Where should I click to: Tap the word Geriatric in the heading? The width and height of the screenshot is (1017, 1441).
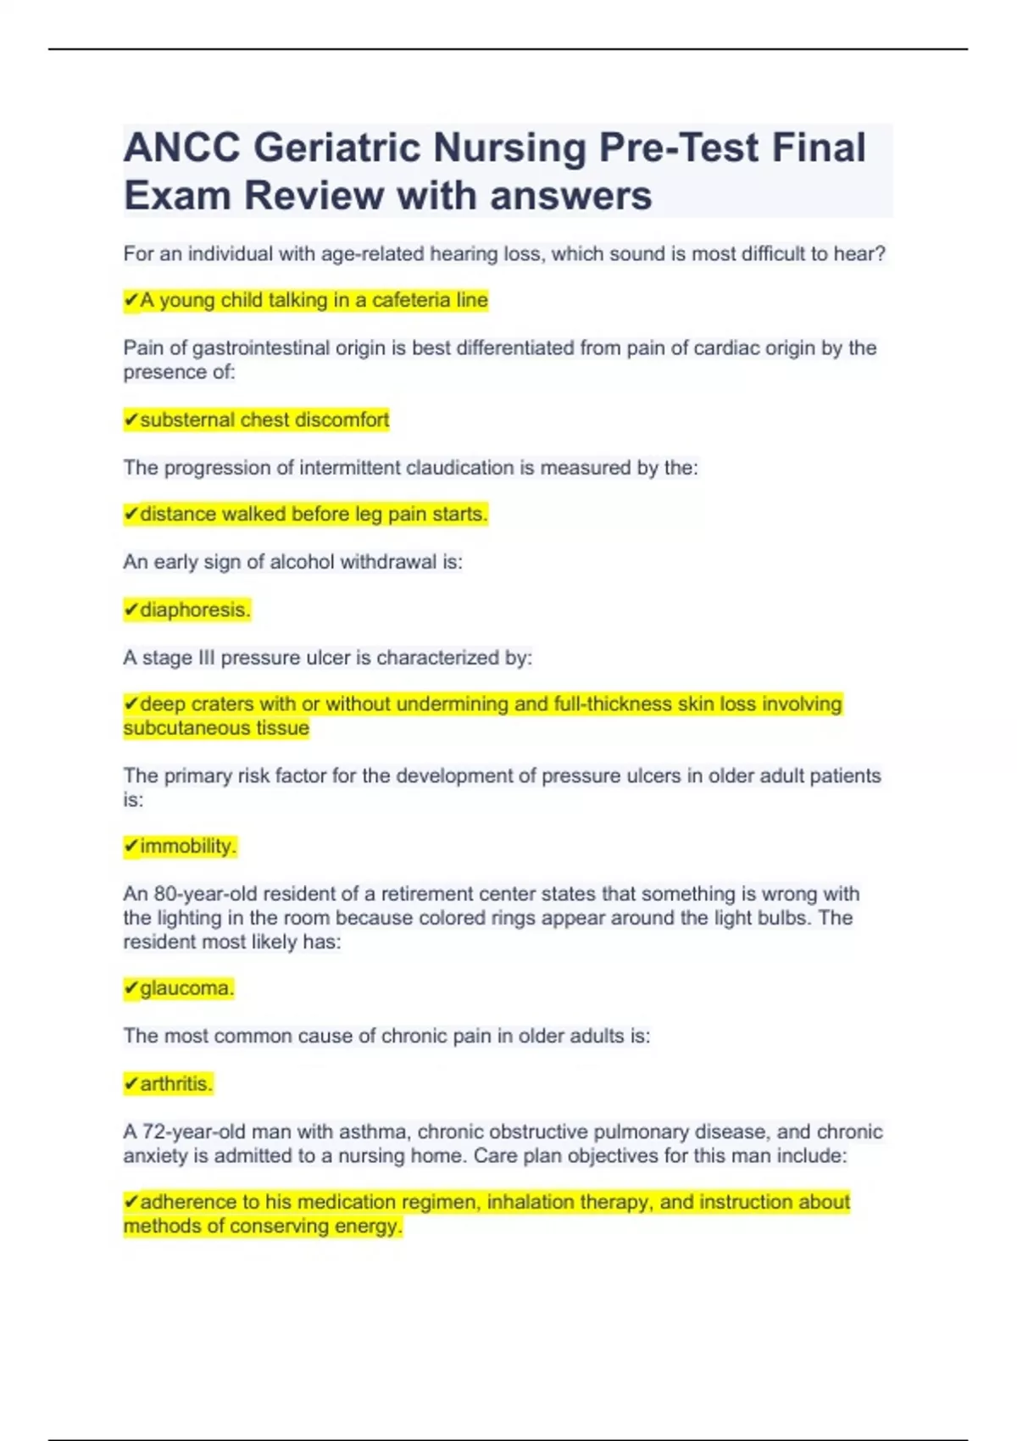pyautogui.click(x=336, y=148)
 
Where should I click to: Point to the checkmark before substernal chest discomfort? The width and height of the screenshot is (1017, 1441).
pyautogui.click(x=131, y=420)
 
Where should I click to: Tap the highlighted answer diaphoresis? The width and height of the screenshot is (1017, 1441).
pyautogui.click(x=194, y=610)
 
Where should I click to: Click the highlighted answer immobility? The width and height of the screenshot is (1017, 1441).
pyautogui.click(x=188, y=846)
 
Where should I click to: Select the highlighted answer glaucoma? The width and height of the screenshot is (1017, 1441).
pyautogui.click(x=186, y=988)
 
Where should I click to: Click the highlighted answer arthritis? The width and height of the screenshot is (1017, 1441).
pyautogui.click(x=176, y=1084)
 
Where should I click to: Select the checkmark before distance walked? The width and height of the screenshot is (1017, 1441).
pyautogui.click(x=131, y=515)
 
